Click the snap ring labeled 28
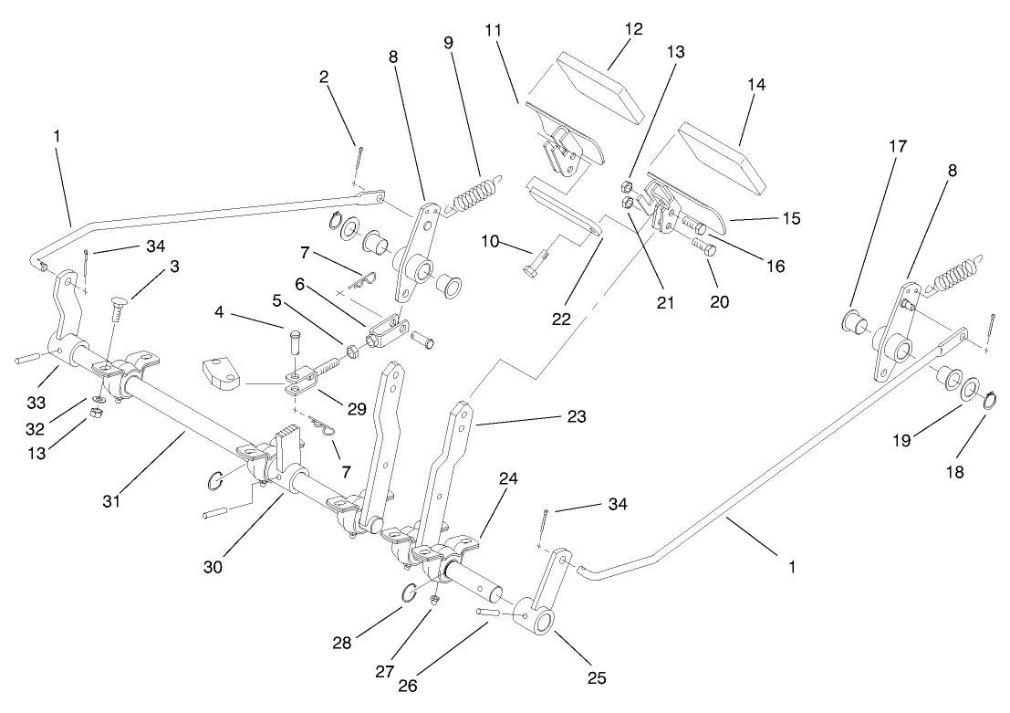[x=410, y=593]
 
